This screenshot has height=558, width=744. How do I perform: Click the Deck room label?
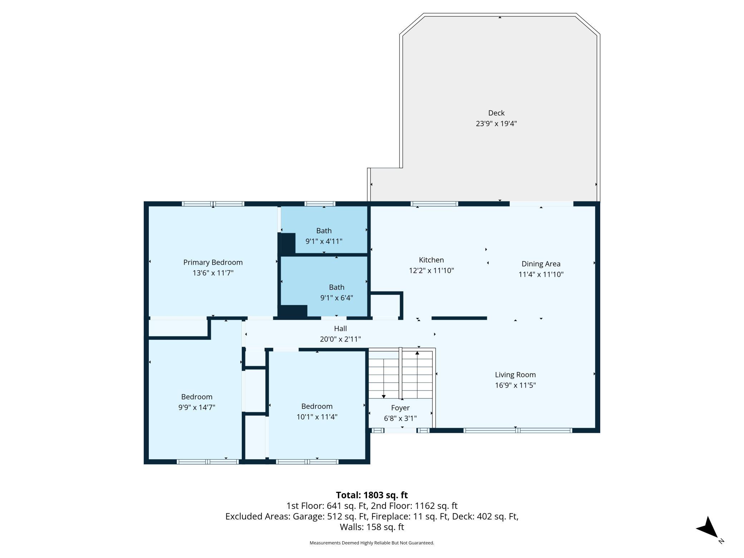coord(496,113)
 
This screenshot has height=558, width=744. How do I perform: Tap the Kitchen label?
coord(431,260)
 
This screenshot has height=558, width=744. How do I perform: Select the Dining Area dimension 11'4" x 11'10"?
coord(541,274)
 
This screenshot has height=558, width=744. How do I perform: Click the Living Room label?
coord(515,375)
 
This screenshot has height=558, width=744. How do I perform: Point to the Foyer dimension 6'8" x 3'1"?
coord(400,418)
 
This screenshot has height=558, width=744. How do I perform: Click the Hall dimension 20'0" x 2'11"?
coord(340,339)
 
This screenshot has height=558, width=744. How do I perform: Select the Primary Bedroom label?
coord(213,263)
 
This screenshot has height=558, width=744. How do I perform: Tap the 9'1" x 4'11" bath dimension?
coord(324,241)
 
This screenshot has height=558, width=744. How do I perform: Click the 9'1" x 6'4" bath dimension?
coord(337,298)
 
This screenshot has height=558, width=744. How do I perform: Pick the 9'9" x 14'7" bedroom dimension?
coord(197,407)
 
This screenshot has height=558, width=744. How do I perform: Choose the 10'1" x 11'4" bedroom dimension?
coord(317,417)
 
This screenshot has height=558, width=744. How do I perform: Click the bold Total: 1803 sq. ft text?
coord(372,495)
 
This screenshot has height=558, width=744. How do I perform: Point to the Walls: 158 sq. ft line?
coord(372,527)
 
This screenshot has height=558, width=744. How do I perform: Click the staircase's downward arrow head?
coord(384,396)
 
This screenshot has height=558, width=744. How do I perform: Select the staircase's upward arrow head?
coord(417,353)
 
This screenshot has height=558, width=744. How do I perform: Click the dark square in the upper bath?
coord(288,244)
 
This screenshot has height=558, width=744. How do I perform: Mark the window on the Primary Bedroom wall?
coord(213,204)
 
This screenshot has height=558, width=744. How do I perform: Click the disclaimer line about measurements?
coord(372,543)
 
